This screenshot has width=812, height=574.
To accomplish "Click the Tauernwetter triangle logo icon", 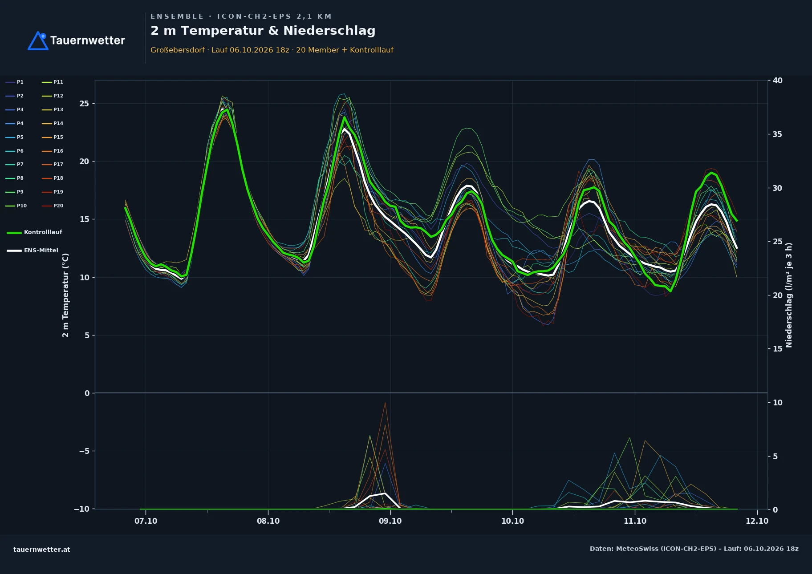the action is pyautogui.click(x=38, y=40).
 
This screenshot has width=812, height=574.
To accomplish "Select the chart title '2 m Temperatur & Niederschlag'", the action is pyautogui.click(x=263, y=31).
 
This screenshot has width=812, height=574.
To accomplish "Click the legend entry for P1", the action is pyautogui.click(x=14, y=82).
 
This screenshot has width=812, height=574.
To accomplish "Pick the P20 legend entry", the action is pyautogui.click(x=53, y=206).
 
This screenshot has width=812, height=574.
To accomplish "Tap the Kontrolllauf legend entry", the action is pyautogui.click(x=34, y=232).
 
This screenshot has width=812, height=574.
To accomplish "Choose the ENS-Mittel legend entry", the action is pyautogui.click(x=32, y=251).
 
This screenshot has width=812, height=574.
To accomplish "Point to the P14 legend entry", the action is pyautogui.click(x=53, y=123).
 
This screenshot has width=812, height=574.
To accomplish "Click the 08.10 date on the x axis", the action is pyautogui.click(x=268, y=521).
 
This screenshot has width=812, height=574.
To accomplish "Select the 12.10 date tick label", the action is pyautogui.click(x=757, y=521).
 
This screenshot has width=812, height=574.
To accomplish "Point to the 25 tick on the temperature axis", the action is pyautogui.click(x=84, y=104).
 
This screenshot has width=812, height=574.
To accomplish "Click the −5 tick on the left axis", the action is pyautogui.click(x=84, y=451).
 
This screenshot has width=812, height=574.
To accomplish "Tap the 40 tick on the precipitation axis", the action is pyautogui.click(x=777, y=81).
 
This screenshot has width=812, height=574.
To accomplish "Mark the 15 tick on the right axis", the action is pyautogui.click(x=777, y=349).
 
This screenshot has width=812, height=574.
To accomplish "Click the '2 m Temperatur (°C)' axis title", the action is pyautogui.click(x=65, y=295).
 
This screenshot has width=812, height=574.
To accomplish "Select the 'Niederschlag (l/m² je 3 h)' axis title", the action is pyautogui.click(x=789, y=295).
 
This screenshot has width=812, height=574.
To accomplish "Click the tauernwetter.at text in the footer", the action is pyautogui.click(x=42, y=550).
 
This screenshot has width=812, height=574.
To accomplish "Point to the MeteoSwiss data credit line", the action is pyautogui.click(x=694, y=549).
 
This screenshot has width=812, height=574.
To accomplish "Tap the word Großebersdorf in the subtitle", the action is pyautogui.click(x=178, y=50).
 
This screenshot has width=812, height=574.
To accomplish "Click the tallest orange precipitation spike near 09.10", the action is pyautogui.click(x=385, y=403).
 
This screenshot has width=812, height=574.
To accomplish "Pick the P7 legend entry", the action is pyautogui.click(x=14, y=164).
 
